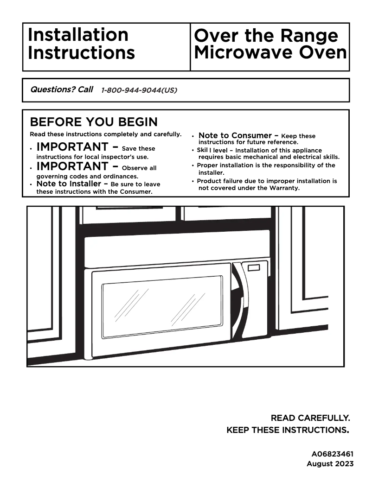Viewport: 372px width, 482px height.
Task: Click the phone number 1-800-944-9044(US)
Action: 139,90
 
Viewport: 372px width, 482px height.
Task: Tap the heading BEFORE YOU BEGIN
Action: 94,122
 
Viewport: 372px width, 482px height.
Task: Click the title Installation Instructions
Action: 81,44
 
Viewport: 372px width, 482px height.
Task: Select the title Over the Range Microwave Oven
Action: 270,44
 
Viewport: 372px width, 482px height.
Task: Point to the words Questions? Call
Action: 61,89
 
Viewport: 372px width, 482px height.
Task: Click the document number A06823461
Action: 332,454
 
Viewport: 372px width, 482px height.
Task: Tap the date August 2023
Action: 330,463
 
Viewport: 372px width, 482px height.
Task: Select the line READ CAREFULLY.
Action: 310,418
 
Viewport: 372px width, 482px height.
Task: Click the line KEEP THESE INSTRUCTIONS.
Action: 287,431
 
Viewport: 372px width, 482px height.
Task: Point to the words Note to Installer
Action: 69,184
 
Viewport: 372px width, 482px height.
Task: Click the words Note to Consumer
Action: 235,136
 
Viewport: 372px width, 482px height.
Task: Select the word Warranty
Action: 284,188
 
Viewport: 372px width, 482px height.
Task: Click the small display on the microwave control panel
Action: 254,268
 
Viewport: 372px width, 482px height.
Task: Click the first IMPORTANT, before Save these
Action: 72,147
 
